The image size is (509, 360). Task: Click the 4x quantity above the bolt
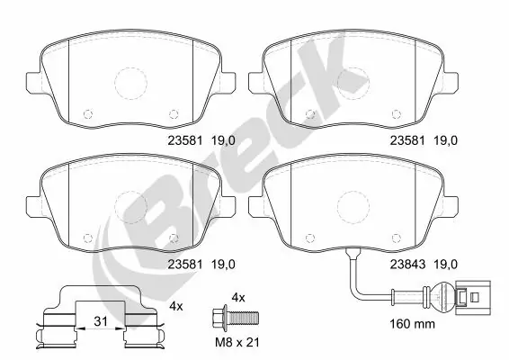click(x=237, y=297)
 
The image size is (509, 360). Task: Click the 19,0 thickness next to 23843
click(x=447, y=264)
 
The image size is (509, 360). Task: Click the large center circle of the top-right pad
click(x=353, y=85)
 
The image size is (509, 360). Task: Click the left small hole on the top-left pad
click(x=87, y=114)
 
